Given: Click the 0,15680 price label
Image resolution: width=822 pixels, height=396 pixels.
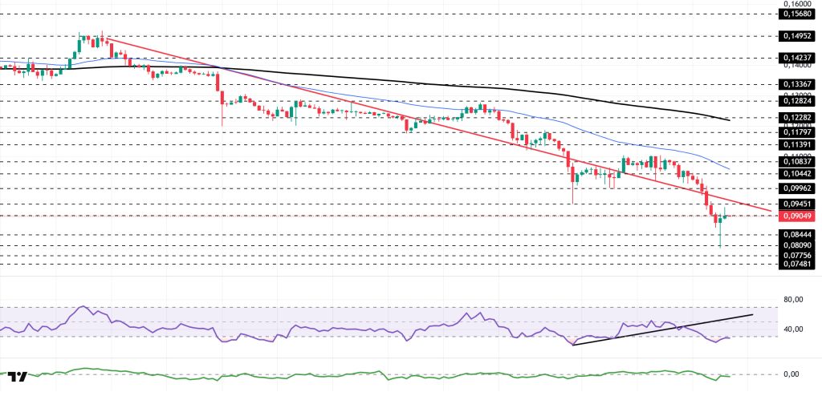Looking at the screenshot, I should click(798, 14).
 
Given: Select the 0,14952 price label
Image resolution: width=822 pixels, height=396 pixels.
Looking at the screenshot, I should click(798, 36).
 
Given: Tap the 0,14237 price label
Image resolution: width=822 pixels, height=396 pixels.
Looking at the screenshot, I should click(798, 58).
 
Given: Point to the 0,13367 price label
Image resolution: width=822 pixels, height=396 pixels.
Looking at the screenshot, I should click(798, 83).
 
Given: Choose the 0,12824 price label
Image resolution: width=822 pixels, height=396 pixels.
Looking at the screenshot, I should click(798, 101).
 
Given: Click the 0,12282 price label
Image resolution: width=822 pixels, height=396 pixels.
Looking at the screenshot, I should click(798, 117).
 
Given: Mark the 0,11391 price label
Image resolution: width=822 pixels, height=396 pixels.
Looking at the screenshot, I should click(798, 144).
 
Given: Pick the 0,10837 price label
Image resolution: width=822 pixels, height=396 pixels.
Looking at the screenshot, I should click(798, 161).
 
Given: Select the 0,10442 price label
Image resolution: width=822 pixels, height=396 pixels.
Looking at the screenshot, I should click(798, 173).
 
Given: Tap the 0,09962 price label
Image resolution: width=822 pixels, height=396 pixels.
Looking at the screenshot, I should click(798, 188).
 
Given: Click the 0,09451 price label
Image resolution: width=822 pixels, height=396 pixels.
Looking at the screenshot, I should click(798, 204).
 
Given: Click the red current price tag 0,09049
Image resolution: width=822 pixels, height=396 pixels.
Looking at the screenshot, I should click(798, 216).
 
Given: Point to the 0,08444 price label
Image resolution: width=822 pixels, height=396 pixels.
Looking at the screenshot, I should click(798, 234).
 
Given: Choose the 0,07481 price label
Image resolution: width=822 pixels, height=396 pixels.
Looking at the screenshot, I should click(798, 264).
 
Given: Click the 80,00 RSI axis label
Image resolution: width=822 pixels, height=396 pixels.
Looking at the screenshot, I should click(793, 300).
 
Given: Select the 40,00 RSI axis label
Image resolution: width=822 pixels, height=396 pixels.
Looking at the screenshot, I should click(793, 329).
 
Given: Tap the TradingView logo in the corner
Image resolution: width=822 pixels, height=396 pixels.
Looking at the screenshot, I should click(19, 377).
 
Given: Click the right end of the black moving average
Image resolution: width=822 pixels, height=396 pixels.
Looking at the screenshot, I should click(728, 120).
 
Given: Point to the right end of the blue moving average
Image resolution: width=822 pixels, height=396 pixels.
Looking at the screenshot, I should click(728, 171).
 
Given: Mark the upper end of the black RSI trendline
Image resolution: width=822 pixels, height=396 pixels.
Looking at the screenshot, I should click(752, 315).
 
